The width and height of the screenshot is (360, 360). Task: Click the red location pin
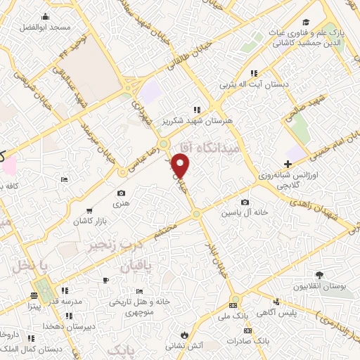[x=181, y=167]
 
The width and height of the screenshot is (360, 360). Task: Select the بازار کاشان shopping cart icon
[x=89, y=210]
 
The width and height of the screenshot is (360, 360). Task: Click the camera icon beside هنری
[x=121, y=193]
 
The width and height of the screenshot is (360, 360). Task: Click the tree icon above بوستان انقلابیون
[x=320, y=275]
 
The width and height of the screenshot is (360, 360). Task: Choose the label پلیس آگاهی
[x=290, y=311]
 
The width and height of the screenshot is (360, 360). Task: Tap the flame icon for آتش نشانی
[x=184, y=335]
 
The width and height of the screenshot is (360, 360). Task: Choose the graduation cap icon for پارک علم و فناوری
[x=306, y=22]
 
